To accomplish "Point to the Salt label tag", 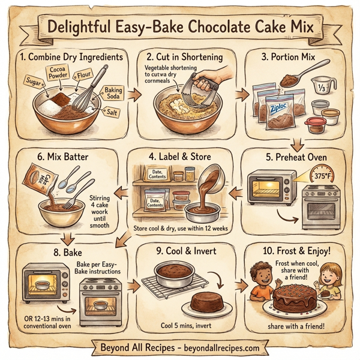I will click(x=111, y=112).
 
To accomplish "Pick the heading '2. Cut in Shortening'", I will click(x=184, y=57).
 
